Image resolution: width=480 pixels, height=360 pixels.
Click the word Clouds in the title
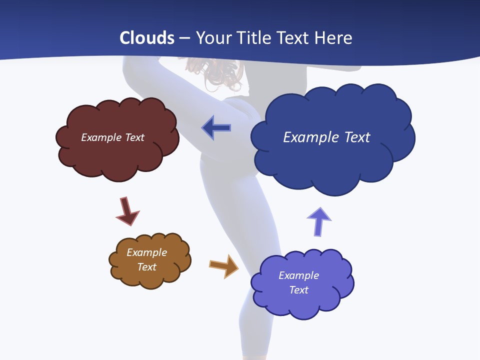(147, 38)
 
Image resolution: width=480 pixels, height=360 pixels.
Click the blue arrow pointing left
(216, 128)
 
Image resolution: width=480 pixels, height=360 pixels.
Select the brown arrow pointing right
(223, 265)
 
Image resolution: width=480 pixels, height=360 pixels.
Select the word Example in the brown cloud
(146, 252)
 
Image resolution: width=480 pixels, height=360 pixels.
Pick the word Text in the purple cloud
(298, 290)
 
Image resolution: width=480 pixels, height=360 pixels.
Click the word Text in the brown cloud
(146, 267)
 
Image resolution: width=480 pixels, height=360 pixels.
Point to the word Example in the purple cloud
(298, 275)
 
